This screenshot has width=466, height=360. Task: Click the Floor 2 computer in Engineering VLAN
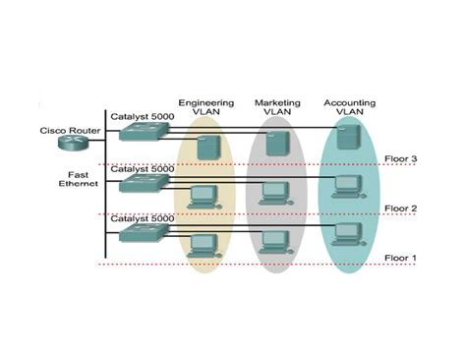coord(204,194)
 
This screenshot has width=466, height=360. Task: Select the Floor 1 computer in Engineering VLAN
coord(204,244)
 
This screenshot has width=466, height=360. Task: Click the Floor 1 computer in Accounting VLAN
coord(346,234)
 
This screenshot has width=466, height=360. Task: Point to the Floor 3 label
coord(402,158)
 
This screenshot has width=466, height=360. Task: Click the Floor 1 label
coord(402,258)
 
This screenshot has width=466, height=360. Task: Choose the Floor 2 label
coord(402,209)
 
